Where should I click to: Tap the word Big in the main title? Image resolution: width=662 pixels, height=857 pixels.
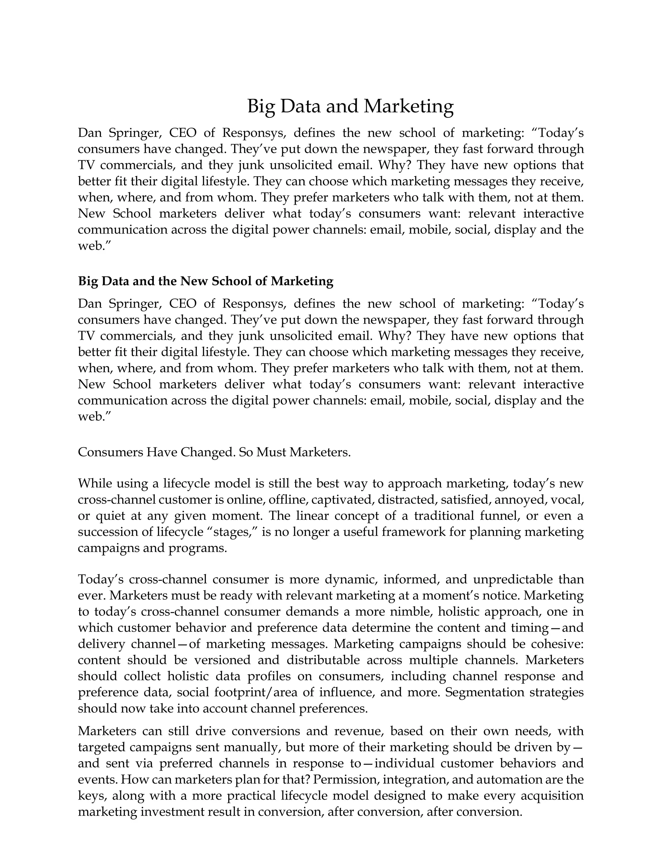(x=262, y=106)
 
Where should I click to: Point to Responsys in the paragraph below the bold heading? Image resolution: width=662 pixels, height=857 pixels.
(x=253, y=304)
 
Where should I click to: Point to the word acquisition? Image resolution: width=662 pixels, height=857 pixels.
(x=552, y=796)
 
